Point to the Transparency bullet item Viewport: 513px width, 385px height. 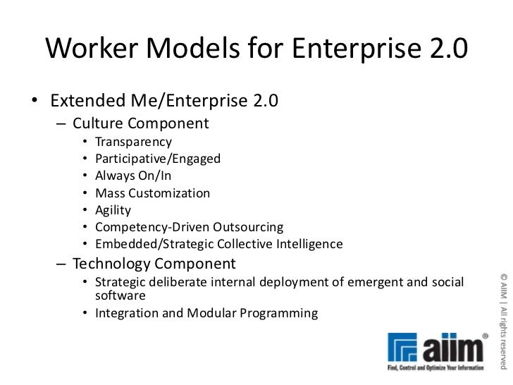pos(134,142)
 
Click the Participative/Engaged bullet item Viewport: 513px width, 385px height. pos(158,159)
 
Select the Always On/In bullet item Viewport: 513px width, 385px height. pos(132,176)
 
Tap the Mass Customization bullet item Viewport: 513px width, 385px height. pos(152,193)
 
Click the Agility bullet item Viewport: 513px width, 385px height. pos(113,210)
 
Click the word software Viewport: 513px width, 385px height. pos(120,296)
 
